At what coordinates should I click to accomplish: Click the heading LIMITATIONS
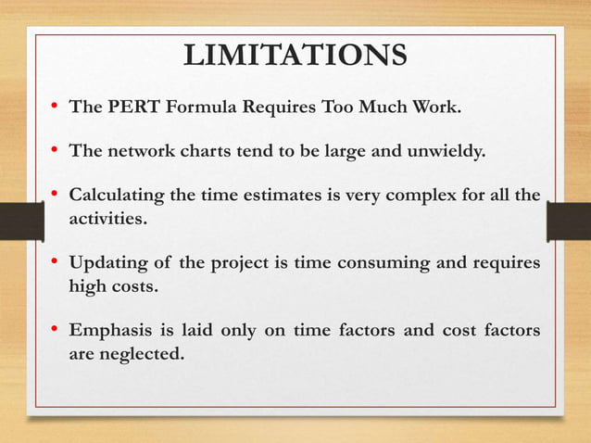[x=295, y=55]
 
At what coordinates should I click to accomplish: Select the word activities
[x=107, y=220]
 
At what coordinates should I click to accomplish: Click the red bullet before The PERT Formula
[x=56, y=107]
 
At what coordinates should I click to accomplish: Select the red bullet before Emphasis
[x=56, y=331]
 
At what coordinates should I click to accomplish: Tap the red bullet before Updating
[x=56, y=264]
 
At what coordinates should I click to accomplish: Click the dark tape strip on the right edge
[x=569, y=221]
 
